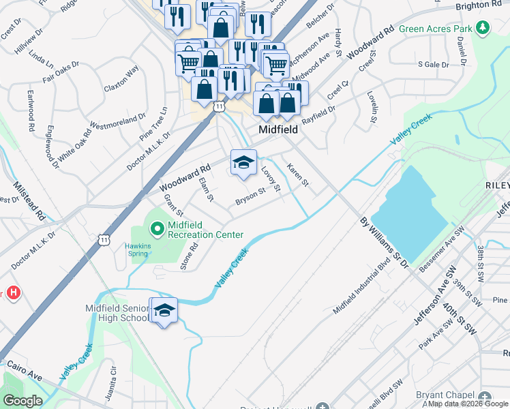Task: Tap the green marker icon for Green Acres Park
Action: click(x=483, y=28)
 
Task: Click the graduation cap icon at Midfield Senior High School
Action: click(x=164, y=310)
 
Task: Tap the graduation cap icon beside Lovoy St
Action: click(x=243, y=163)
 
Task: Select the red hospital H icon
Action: click(x=13, y=293)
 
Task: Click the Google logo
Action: click(x=22, y=401)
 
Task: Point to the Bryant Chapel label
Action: click(x=447, y=395)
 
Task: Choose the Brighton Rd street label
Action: click(x=479, y=5)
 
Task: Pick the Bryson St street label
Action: click(x=250, y=196)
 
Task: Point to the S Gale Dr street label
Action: click(x=433, y=65)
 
